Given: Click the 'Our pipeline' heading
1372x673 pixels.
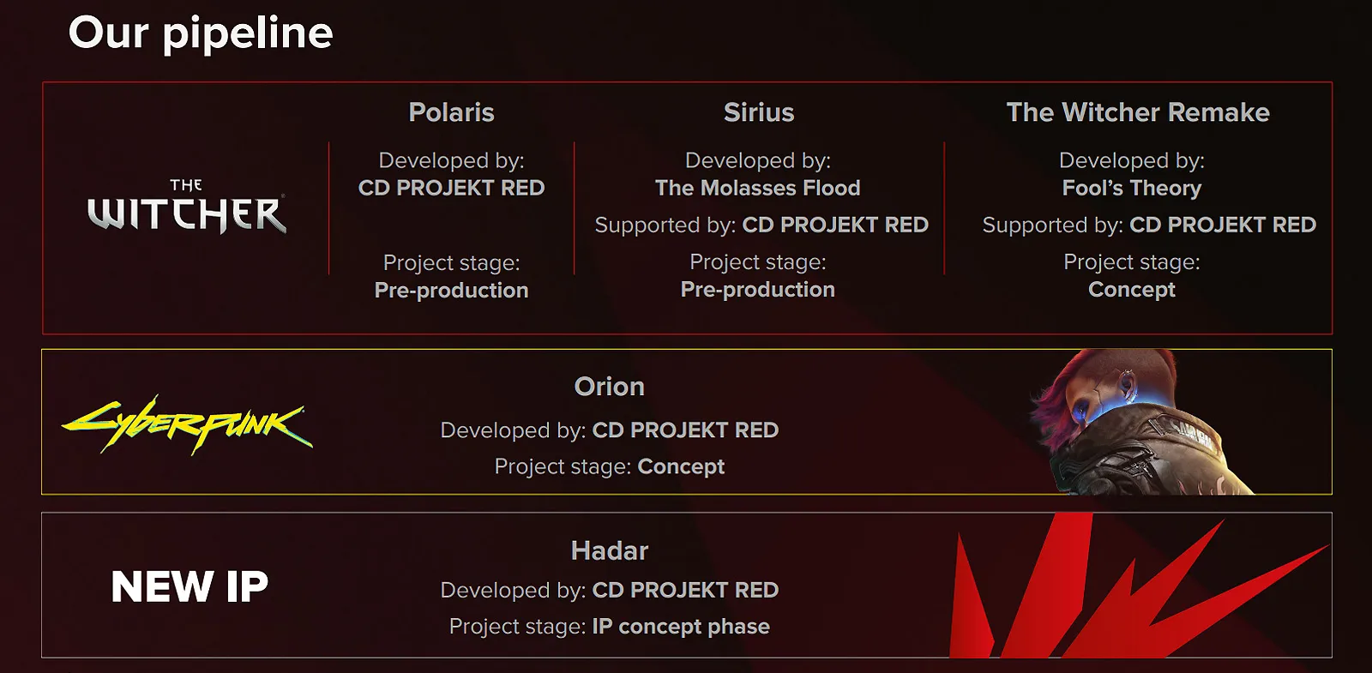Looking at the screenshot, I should [x=200, y=33].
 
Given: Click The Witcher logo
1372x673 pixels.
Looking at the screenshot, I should [x=187, y=208].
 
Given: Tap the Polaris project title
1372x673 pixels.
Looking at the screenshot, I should [x=451, y=112].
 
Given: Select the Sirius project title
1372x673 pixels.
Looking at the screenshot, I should [x=758, y=112].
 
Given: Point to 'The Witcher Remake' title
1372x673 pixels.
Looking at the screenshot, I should [x=1137, y=112].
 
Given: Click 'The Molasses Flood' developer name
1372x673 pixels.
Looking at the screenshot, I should [x=757, y=188].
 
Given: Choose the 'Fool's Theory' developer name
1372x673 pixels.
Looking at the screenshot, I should [x=1131, y=188].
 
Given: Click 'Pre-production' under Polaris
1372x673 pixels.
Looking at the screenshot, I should [x=451, y=291].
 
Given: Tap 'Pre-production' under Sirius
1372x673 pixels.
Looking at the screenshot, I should [x=757, y=290].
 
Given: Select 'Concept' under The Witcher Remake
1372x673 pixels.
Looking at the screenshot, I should [x=1131, y=290].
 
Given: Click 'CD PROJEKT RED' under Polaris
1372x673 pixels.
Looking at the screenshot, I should [x=451, y=188].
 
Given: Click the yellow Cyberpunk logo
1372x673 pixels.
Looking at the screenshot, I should [x=187, y=424].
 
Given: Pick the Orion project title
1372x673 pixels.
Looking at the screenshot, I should [x=609, y=387].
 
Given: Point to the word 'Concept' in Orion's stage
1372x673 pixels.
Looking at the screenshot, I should [x=681, y=466].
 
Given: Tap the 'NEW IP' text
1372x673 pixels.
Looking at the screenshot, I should [x=190, y=587].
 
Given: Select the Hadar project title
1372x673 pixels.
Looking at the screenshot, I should [x=609, y=550].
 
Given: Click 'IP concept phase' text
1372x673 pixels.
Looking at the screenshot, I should [x=681, y=627].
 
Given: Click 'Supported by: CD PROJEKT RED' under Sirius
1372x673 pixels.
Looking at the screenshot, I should [x=761, y=225].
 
